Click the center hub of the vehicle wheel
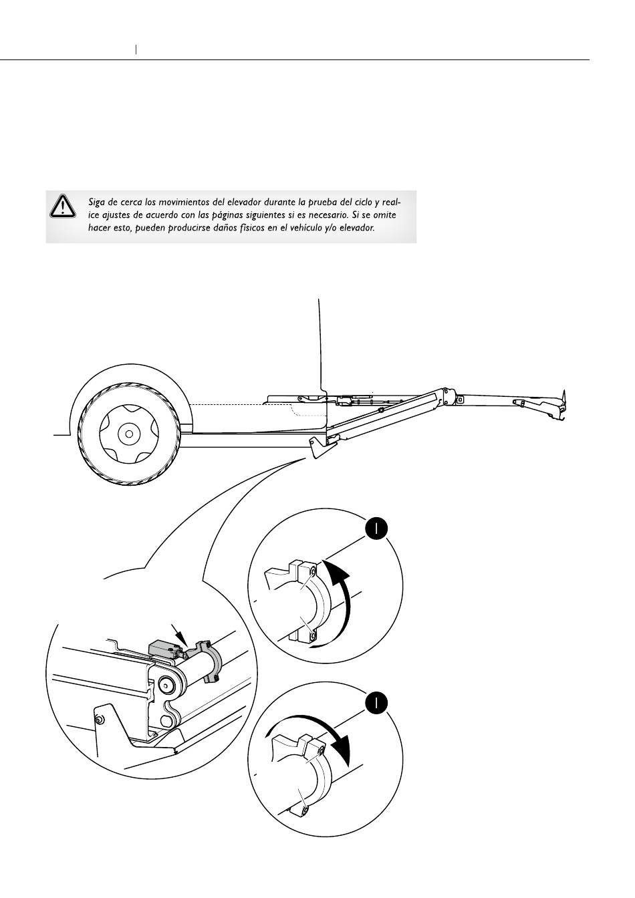click(126, 434)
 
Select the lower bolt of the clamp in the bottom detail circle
click(305, 810)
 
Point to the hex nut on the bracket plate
click(98, 720)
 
